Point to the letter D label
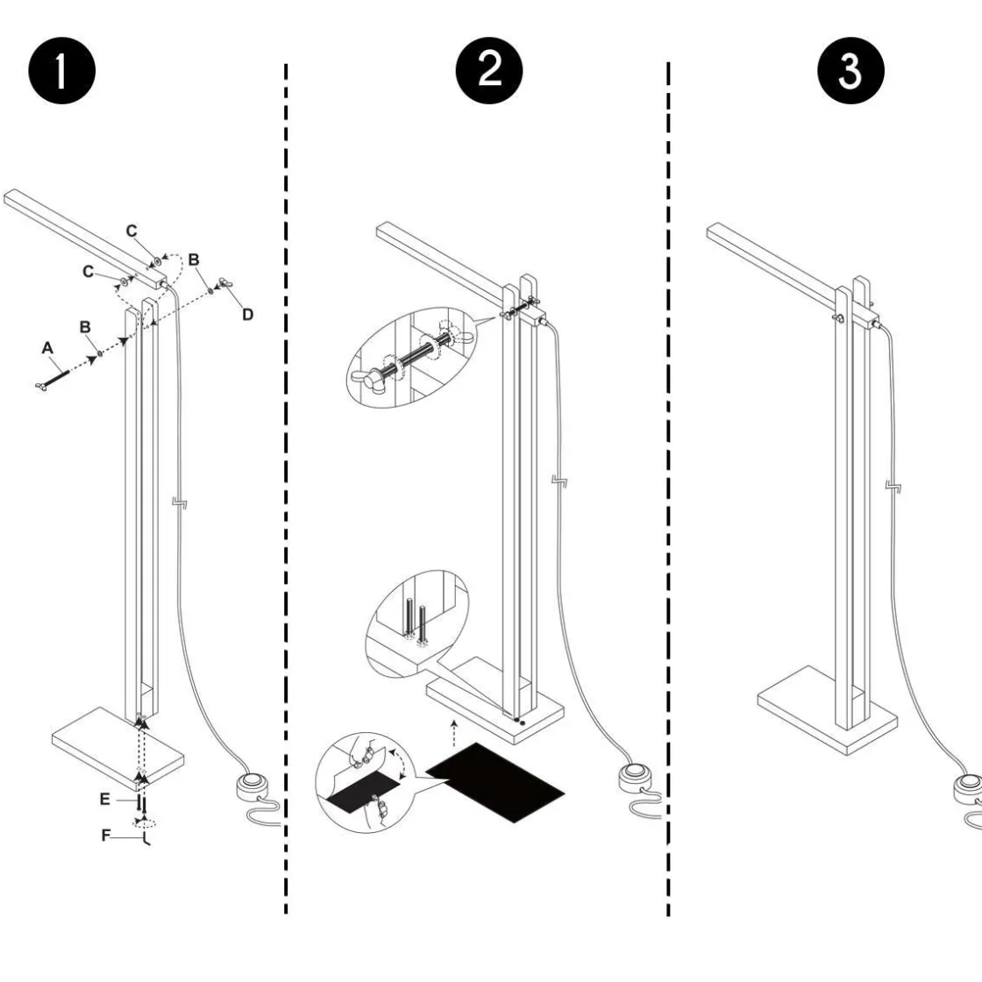pyautogui.click(x=247, y=314)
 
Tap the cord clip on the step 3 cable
pyautogui.click(x=891, y=486)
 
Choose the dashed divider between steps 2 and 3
pyautogui.click(x=668, y=491)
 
